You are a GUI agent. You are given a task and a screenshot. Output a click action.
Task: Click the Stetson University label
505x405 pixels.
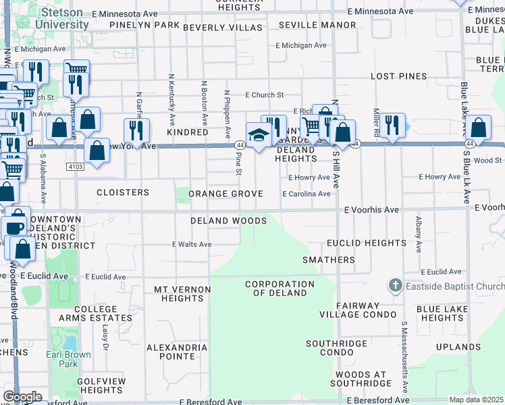pos(63,19)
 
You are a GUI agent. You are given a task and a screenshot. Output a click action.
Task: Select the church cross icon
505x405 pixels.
pos(396,286)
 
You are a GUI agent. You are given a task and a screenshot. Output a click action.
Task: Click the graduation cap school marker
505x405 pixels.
pos(258,135)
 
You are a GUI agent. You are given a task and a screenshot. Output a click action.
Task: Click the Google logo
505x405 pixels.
pos(22,397)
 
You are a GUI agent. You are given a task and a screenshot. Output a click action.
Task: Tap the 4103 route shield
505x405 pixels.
pos(75,166)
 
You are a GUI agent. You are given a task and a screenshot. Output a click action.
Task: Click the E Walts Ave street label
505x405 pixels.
pos(192,244)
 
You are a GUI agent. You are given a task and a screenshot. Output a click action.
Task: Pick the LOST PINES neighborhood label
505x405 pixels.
pos(402,77)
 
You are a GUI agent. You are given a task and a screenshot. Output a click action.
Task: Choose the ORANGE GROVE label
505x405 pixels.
pos(225,194)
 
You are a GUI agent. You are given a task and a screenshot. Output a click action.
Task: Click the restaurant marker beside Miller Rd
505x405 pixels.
pos(392,125)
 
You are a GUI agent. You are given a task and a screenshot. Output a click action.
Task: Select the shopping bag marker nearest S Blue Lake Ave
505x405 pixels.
pos(479,127)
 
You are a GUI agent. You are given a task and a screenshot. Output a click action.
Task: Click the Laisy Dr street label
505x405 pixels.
pos(105,333)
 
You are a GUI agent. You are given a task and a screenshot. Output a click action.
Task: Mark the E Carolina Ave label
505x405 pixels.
pos(307,194)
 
